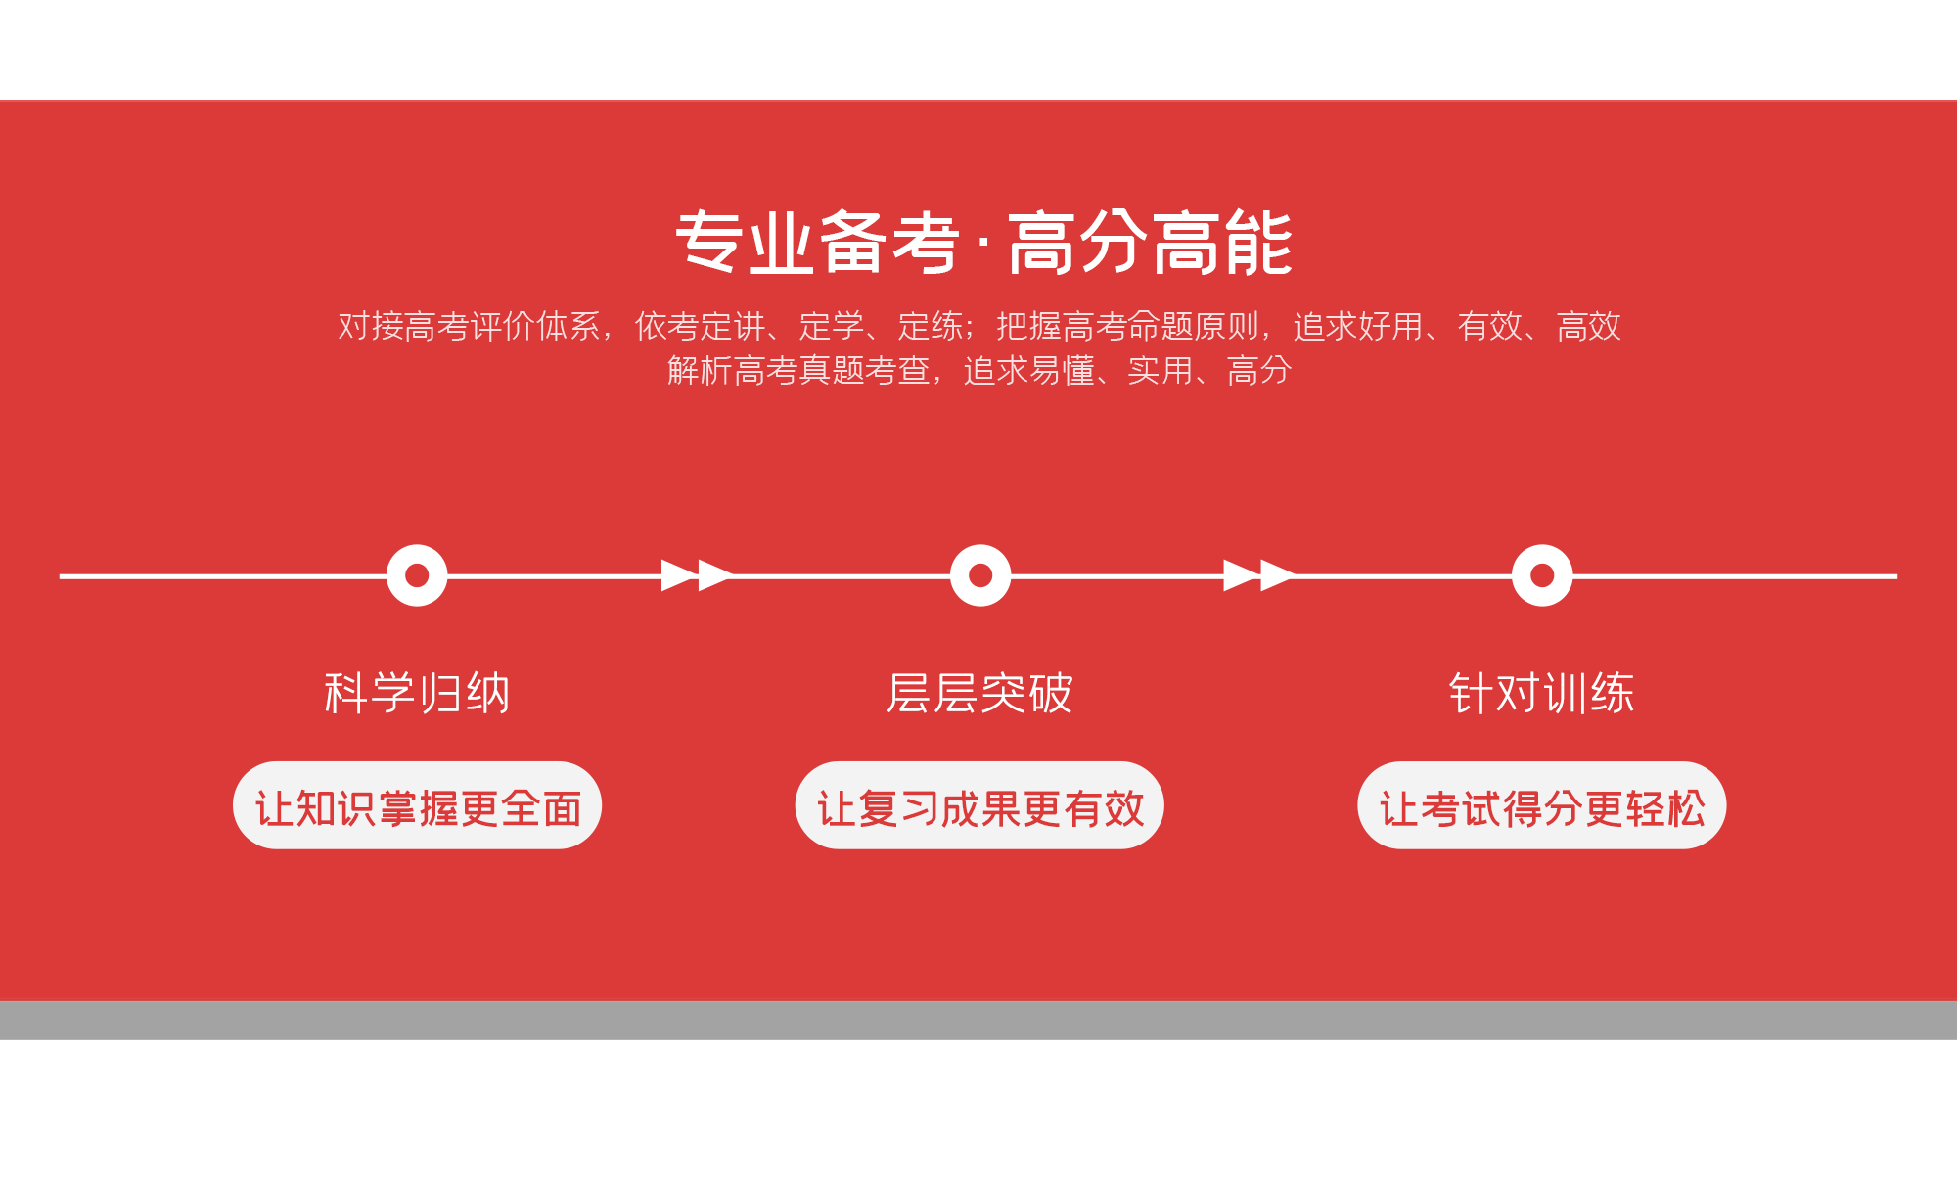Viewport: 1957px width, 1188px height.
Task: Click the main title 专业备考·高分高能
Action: (x=983, y=243)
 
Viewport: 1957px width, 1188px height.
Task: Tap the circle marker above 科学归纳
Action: (x=417, y=575)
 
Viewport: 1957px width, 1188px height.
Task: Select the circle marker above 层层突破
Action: (x=979, y=575)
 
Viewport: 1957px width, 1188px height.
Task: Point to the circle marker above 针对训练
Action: (x=1541, y=575)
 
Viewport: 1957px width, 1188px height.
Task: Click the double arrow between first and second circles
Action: (x=697, y=575)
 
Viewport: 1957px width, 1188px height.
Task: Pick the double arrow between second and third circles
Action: (x=1259, y=575)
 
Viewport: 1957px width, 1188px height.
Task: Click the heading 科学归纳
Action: (x=417, y=693)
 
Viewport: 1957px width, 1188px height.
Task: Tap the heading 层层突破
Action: (x=979, y=693)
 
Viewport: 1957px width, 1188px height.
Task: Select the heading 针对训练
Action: (x=1541, y=693)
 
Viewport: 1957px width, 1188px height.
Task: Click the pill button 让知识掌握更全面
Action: (x=417, y=805)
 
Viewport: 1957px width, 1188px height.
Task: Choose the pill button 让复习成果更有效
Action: (x=979, y=805)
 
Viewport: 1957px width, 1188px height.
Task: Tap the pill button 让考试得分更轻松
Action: (x=1541, y=805)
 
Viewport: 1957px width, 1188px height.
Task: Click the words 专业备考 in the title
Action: (x=817, y=243)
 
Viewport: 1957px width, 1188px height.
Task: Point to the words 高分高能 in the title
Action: (x=1150, y=243)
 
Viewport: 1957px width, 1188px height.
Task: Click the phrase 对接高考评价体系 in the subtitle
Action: (x=470, y=326)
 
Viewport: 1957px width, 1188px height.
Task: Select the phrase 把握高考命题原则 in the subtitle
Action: (x=1127, y=326)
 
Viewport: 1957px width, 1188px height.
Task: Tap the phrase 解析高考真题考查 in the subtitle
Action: (x=798, y=371)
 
